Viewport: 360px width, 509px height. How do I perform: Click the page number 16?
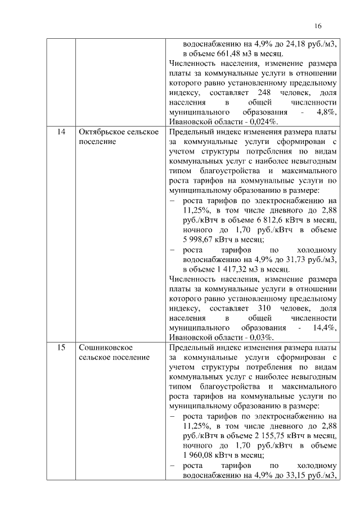click(x=318, y=26)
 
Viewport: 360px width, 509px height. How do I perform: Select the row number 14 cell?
click(x=61, y=132)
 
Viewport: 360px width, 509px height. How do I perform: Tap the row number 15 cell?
click(x=61, y=348)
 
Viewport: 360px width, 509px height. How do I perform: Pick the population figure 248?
click(x=265, y=92)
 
